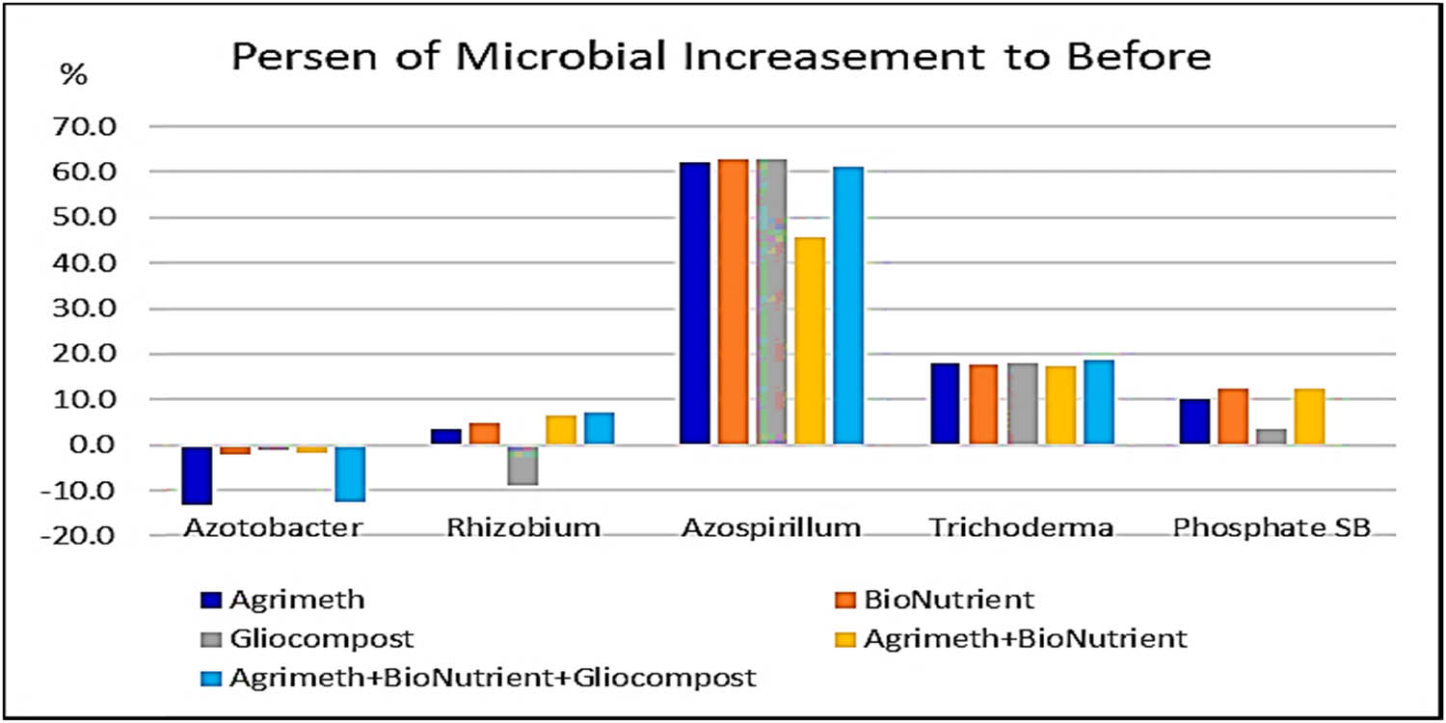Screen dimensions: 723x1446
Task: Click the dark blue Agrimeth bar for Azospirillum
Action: (x=694, y=303)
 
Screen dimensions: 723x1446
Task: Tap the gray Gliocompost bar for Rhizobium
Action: (x=522, y=465)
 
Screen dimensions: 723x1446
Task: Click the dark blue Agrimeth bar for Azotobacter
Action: (x=196, y=474)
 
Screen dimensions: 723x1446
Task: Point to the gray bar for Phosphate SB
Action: (x=1272, y=436)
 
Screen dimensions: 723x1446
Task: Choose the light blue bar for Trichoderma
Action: (x=1098, y=402)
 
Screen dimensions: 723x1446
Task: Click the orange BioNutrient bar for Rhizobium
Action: (x=484, y=433)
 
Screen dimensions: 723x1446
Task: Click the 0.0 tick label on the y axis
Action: (x=97, y=444)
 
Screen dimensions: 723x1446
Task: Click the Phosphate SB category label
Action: (x=1272, y=528)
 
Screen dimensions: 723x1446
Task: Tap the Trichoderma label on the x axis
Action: (x=1021, y=528)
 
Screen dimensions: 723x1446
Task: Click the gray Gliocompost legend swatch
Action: (x=212, y=639)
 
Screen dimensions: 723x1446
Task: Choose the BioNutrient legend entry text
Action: (x=949, y=600)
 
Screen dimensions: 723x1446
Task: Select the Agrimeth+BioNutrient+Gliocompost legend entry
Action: (x=492, y=678)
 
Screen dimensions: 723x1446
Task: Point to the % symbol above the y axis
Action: (x=74, y=76)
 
